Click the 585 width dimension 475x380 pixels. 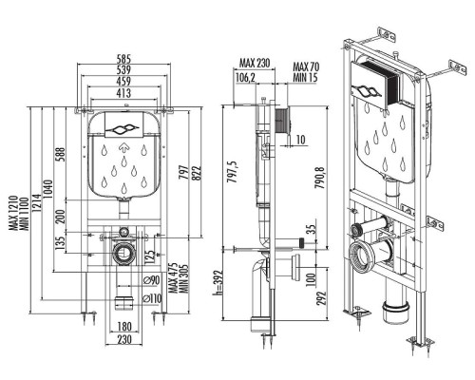(123, 59)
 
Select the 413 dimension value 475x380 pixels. (123, 93)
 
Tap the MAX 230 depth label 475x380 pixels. (255, 63)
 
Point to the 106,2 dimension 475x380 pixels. (245, 77)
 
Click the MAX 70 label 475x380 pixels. (306, 67)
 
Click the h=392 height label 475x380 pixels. (218, 283)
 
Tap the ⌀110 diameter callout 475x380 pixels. (152, 298)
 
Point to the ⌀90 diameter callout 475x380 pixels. (151, 280)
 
